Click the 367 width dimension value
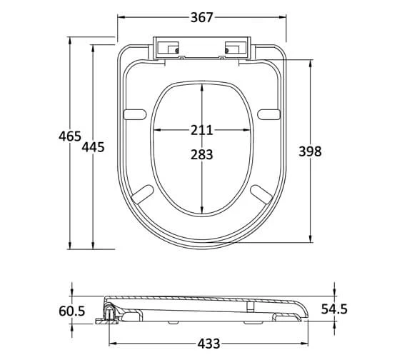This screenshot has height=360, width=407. tap(202, 18)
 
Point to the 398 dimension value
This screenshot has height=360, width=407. tap(310, 151)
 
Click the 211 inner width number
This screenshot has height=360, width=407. tap(201, 131)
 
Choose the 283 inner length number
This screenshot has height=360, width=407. tap(201, 154)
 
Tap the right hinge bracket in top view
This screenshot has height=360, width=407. tap(235, 49)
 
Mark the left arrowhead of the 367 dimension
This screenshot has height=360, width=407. tap(121, 18)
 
